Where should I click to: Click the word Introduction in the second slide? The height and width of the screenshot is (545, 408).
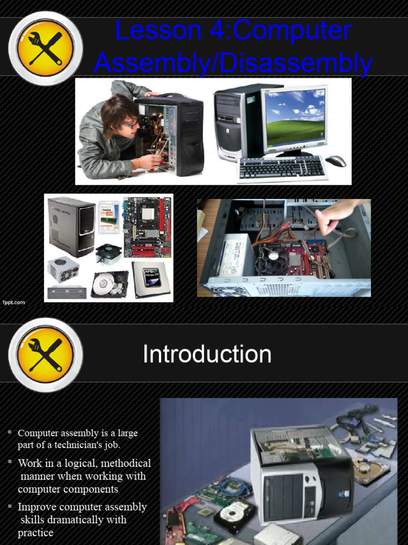tap(207, 354)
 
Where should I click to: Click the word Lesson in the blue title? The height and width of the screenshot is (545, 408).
tap(158, 30)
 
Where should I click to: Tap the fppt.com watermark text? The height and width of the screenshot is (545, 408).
tap(14, 302)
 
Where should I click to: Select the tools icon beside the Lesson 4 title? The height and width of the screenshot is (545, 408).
tap(46, 48)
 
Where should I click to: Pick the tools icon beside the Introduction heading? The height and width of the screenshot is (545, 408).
tap(46, 355)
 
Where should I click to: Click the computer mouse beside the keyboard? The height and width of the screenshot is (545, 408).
tap(336, 161)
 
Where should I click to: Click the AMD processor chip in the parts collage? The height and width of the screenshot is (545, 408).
tap(151, 279)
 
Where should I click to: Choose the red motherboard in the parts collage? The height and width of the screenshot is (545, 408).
tap(148, 227)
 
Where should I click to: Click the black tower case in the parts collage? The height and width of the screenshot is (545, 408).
tap(72, 226)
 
